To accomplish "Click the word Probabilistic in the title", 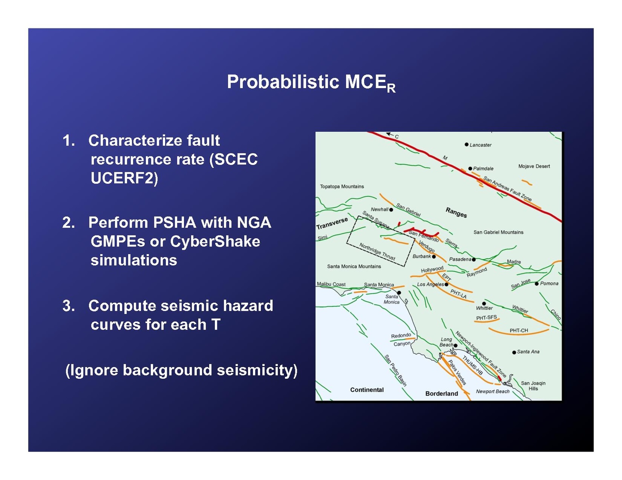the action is tap(284, 82).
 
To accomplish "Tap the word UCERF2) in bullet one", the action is tap(124, 179).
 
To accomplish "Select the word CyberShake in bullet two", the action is tap(215, 242).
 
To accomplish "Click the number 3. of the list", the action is tap(69, 305).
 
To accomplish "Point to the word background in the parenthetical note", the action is tap(168, 370).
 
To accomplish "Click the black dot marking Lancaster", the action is tap(466, 145).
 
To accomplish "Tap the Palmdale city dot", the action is tap(470, 169).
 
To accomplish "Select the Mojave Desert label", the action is tap(534, 167).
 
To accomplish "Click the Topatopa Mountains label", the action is tap(342, 187).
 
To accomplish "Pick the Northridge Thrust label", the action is tap(377, 251).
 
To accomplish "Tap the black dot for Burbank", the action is tap(434, 257).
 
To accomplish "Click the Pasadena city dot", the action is tap(473, 259).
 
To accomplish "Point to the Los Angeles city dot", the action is tap(446, 285).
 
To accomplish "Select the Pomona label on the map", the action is tap(549, 283).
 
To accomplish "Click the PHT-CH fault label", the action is tap(519, 331).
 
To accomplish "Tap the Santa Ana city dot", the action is tap(514, 352).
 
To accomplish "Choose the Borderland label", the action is tap(441, 394).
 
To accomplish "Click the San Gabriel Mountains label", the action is tap(498, 233).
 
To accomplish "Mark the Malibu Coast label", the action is tap(331, 284).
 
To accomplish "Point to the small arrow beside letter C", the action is tap(390, 134).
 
